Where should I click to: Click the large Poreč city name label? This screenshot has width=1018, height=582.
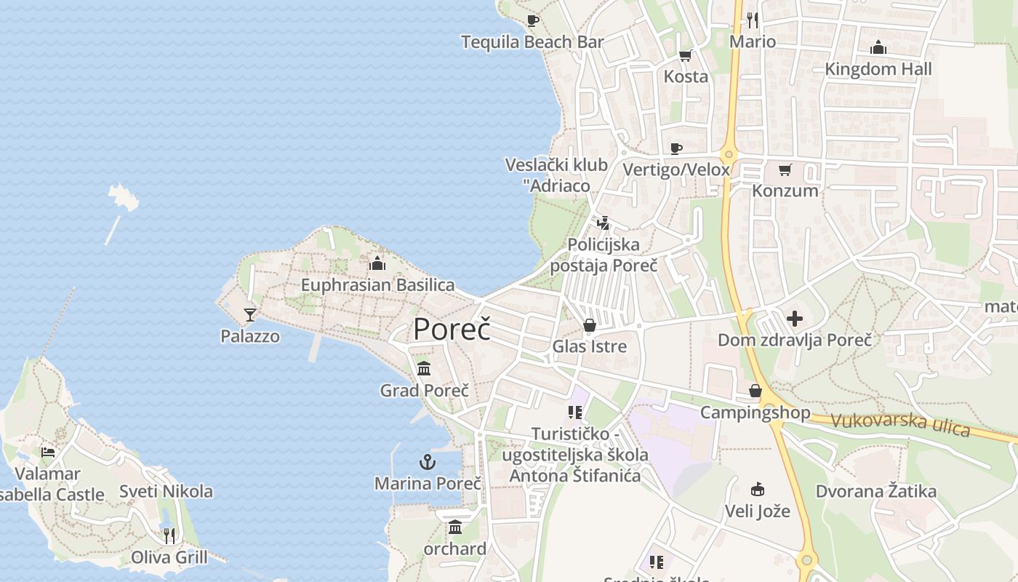(x=452, y=330)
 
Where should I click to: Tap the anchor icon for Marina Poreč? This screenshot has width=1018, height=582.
(x=428, y=461)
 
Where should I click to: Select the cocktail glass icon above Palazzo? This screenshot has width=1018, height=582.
(x=250, y=314)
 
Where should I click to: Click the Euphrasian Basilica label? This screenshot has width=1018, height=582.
(x=378, y=285)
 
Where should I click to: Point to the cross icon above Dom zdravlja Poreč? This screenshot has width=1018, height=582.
(x=795, y=318)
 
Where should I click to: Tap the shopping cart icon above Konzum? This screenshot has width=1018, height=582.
(x=785, y=170)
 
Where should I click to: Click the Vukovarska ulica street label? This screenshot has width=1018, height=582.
(x=900, y=424)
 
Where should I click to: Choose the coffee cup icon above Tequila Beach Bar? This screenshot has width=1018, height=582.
(x=532, y=20)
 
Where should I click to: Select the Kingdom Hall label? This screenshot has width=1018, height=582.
(x=878, y=69)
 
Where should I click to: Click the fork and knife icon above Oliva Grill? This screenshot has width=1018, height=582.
(x=169, y=536)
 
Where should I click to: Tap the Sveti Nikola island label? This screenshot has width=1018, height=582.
(x=167, y=491)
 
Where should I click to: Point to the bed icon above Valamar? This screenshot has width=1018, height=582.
(x=48, y=452)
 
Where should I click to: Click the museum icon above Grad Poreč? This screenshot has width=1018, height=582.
(x=424, y=369)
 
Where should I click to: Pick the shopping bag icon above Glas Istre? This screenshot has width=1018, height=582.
(x=590, y=324)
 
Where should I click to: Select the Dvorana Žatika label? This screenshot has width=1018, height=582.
(x=876, y=491)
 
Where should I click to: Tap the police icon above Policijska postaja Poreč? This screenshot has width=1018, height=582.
(x=603, y=223)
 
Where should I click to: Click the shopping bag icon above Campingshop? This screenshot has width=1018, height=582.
(x=756, y=391)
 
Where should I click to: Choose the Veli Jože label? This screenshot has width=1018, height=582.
(x=757, y=511)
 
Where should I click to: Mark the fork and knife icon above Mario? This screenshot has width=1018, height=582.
(x=753, y=20)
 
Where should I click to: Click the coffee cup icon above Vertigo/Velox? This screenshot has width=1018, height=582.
(x=676, y=148)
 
